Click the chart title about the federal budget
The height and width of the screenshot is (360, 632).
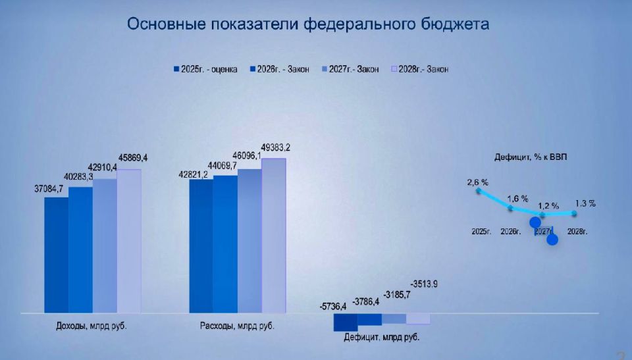(x=308, y=25)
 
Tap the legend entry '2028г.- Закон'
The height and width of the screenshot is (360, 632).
(x=419, y=69)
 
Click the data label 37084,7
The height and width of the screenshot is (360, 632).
(x=49, y=189)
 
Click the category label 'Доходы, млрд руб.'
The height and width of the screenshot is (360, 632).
(x=91, y=326)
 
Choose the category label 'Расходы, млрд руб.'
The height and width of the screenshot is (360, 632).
(x=237, y=326)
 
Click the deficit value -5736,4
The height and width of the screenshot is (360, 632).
(x=334, y=306)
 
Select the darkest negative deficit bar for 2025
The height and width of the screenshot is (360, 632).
(x=346, y=322)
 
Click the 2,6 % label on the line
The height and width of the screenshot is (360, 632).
(x=478, y=182)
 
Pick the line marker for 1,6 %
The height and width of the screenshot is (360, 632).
(x=510, y=208)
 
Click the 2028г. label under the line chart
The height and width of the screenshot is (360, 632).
(x=577, y=232)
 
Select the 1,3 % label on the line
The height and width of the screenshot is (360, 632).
(x=585, y=203)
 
